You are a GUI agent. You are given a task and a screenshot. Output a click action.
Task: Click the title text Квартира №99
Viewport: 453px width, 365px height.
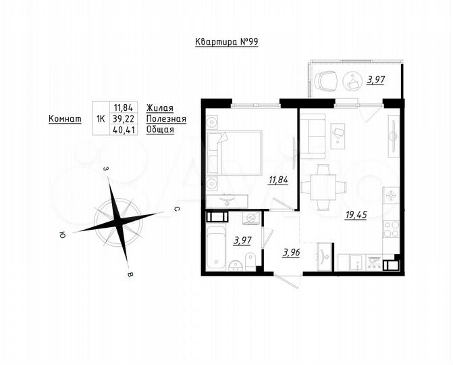click(226, 42)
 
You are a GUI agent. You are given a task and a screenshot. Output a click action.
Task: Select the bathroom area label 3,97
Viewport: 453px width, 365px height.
click(242, 240)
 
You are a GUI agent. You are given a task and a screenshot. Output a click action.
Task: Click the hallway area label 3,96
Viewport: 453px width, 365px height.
click(292, 252)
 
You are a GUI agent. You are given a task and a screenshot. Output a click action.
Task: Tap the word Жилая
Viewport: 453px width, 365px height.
click(160, 107)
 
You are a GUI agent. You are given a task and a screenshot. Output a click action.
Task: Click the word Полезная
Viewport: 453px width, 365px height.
click(165, 118)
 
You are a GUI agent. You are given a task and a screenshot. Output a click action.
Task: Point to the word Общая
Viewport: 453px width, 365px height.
click(160, 129)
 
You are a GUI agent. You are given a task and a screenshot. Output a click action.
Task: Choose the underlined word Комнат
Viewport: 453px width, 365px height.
click(65, 118)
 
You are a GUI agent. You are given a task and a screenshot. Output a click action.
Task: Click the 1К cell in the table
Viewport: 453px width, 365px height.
click(101, 118)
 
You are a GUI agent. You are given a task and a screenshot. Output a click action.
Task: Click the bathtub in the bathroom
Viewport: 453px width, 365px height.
click(217, 247)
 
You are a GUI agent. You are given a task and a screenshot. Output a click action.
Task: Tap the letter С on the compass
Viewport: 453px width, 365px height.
click(176, 210)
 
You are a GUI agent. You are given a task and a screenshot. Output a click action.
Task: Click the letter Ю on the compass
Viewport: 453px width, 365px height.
click(62, 235)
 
